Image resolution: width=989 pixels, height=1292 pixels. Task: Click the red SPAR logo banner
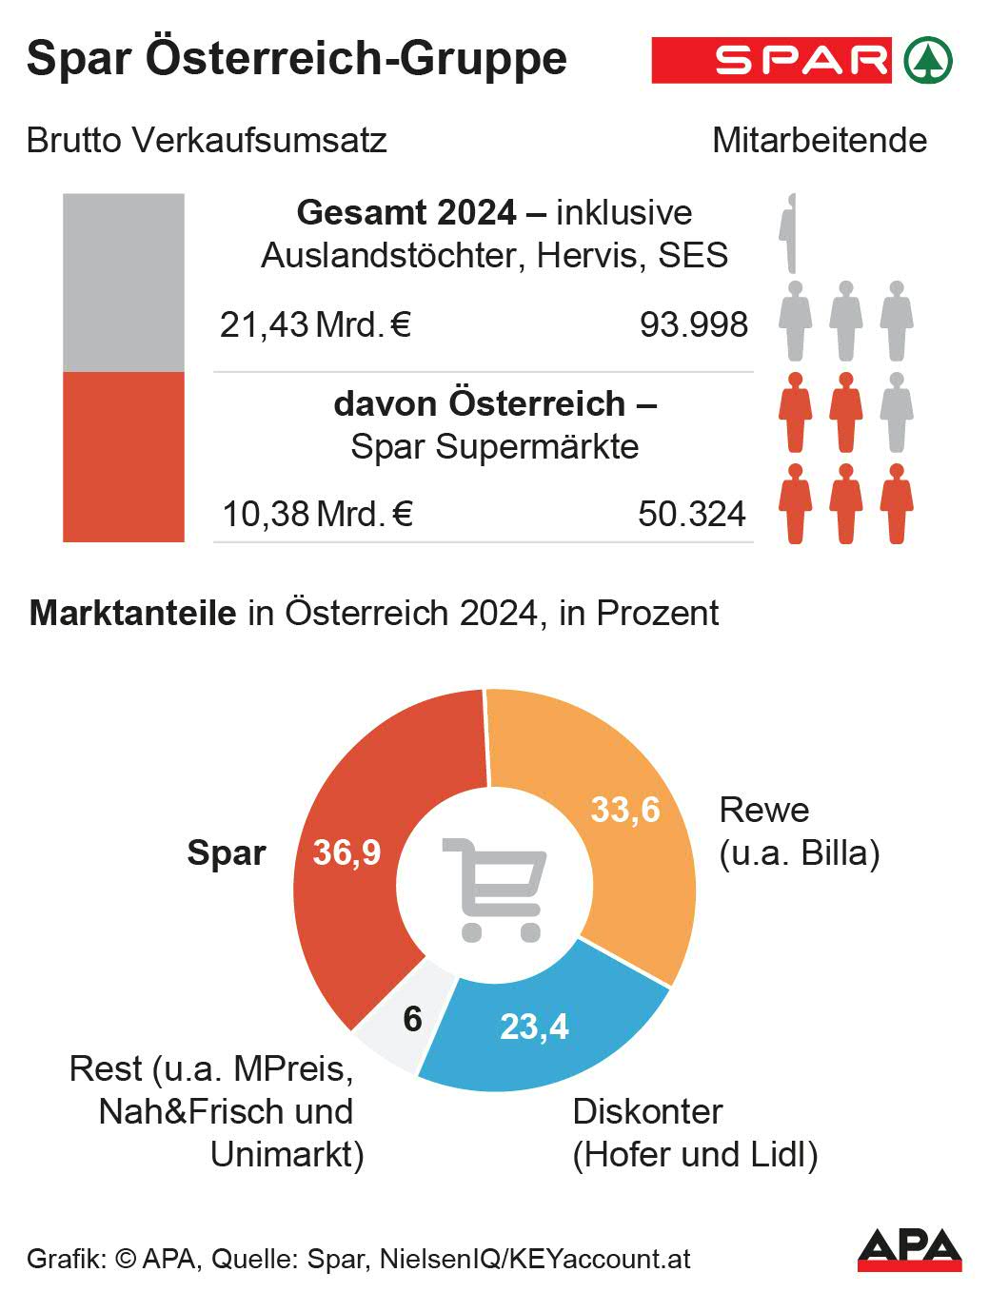[x=771, y=61]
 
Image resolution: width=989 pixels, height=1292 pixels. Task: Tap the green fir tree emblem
[x=927, y=61]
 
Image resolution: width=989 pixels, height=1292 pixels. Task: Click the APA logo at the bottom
[x=909, y=1249]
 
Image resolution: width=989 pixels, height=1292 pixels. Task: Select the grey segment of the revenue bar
[x=124, y=283]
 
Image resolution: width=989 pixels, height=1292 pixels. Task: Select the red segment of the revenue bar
[x=124, y=457]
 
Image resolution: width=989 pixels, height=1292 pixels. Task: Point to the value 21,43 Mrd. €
[x=315, y=324]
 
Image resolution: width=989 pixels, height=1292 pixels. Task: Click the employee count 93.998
[x=693, y=324]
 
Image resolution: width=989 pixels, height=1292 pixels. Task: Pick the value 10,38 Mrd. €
[x=316, y=514]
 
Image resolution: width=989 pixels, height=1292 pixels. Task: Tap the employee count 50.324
[x=692, y=514]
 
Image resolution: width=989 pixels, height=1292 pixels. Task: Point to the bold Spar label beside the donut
[x=226, y=852]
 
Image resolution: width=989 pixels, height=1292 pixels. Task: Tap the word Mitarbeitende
[x=819, y=141]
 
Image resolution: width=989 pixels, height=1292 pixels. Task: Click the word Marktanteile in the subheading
[x=132, y=613]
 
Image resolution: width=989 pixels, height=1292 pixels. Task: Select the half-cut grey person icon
[x=787, y=233]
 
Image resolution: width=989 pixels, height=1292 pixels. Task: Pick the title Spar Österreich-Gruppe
[x=296, y=58]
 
